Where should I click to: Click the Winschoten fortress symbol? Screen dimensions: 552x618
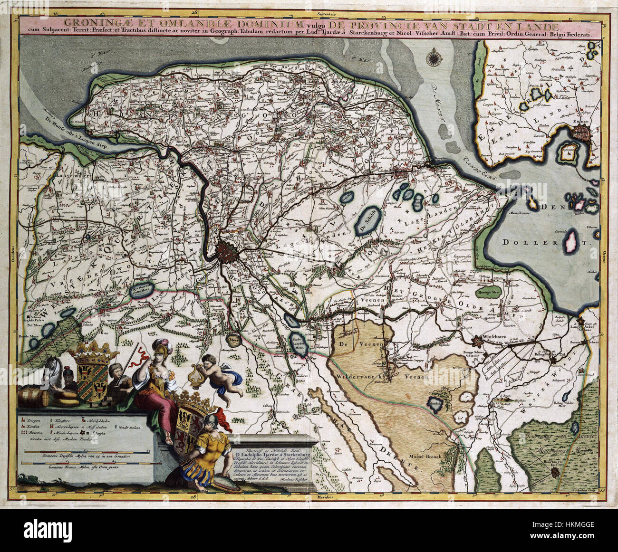[478, 341]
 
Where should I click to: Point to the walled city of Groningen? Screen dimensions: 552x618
[230, 250]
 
